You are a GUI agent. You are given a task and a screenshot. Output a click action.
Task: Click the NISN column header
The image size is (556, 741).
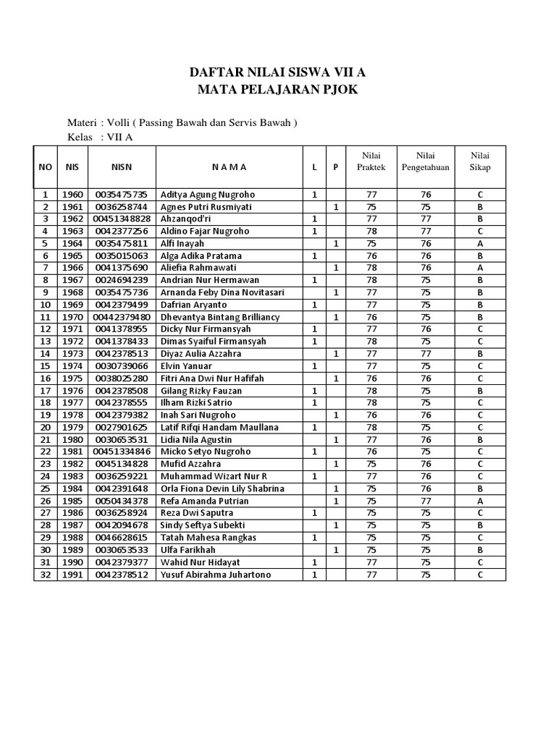click(x=122, y=167)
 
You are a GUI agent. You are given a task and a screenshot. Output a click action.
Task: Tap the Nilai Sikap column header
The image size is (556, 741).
click(x=480, y=161)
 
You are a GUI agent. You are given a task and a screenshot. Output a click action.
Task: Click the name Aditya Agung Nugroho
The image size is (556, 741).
click(x=208, y=195)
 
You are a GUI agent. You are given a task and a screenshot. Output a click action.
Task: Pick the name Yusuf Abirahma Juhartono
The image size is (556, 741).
click(x=215, y=575)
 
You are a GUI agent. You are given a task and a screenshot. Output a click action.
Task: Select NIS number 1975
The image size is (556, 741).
click(x=72, y=378)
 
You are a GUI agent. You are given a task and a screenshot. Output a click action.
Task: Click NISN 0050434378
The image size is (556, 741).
click(x=121, y=501)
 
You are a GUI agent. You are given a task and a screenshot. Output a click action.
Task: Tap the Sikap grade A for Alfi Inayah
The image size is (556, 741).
click(x=480, y=244)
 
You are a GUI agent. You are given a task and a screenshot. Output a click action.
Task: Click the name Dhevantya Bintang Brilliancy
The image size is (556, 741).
click(x=220, y=317)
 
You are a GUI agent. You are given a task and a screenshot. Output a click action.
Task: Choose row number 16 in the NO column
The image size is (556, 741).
click(x=45, y=378)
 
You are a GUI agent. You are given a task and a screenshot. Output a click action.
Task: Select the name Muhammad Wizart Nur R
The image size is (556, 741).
click(x=214, y=476)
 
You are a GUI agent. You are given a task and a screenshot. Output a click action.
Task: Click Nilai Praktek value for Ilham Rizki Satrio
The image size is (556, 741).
click(x=372, y=403)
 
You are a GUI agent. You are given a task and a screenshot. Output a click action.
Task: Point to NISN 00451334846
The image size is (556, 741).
click(x=122, y=452)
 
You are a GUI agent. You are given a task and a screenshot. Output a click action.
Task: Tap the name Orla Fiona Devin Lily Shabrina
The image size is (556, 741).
click(x=222, y=488)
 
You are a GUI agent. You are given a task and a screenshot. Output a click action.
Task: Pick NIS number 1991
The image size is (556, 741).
click(x=72, y=575)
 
